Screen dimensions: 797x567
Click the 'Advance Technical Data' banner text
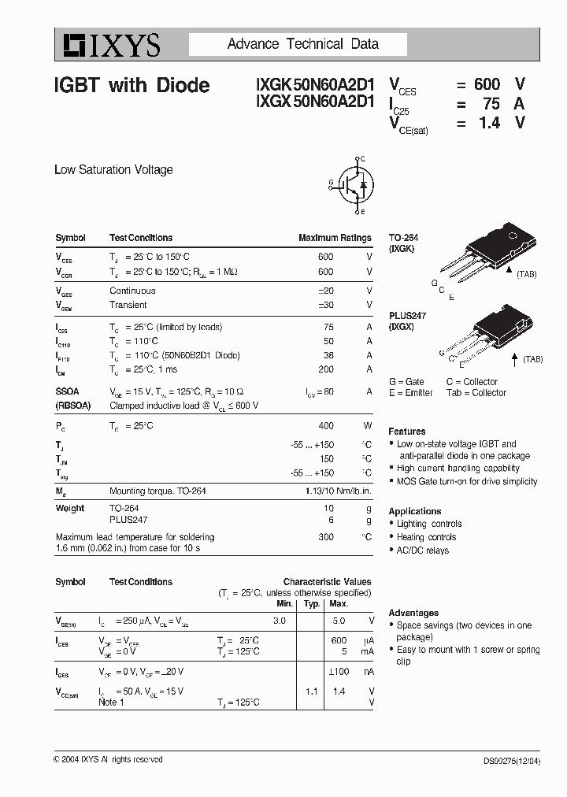click(303, 44)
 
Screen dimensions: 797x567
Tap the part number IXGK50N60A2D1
click(314, 85)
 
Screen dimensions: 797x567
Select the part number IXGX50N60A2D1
click(314, 103)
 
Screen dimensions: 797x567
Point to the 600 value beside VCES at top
click(487, 84)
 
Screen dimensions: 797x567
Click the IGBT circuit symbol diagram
click(352, 186)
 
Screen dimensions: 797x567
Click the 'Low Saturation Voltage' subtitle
click(113, 169)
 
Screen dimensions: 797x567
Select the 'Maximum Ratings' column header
click(335, 238)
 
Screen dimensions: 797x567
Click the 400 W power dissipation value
click(325, 425)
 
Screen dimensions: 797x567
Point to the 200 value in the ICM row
click(325, 369)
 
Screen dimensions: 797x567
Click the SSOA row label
click(68, 391)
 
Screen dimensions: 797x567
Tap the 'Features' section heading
click(406, 432)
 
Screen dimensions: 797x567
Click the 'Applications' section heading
click(414, 511)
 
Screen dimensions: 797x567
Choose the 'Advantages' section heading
click(413, 613)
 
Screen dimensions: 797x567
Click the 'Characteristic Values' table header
click(327, 582)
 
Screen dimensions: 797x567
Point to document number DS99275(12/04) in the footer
click(512, 761)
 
